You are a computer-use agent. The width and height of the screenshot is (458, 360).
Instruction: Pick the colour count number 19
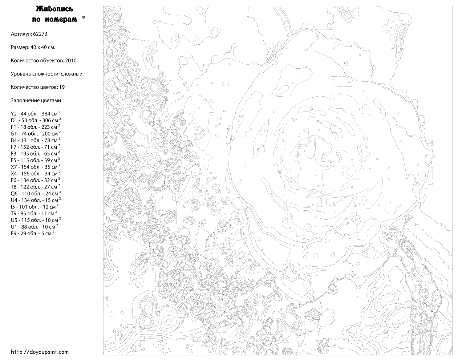pos(62,87)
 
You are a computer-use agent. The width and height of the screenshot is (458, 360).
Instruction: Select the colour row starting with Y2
pos(35,114)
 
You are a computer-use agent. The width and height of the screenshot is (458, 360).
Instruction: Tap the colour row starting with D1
pos(35,120)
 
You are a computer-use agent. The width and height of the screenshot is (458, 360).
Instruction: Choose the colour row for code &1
pos(35,134)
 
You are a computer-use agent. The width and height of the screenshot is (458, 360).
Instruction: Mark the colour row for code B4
pos(35,140)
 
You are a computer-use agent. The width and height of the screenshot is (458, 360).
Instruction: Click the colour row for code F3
pos(35,154)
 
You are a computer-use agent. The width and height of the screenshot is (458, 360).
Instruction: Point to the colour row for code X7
pos(35,167)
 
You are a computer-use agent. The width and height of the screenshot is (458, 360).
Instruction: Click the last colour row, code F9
pos(32,233)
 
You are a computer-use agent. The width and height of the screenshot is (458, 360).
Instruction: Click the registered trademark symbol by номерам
pos(83,18)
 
